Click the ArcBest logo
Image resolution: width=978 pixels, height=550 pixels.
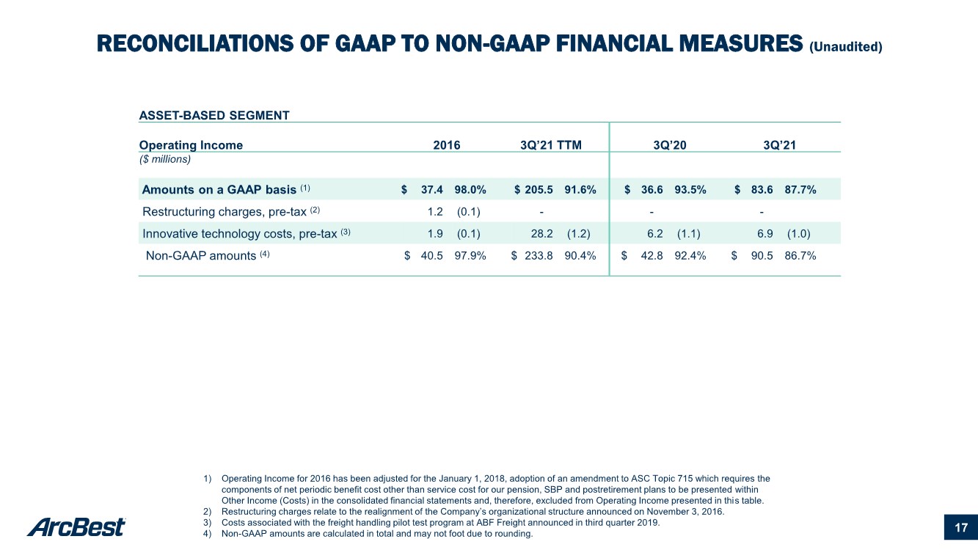coord(76,527)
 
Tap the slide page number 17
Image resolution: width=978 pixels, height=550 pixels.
coord(961,528)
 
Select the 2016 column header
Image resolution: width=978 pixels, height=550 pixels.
coord(446,145)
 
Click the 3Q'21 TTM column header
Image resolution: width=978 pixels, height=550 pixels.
coord(550,145)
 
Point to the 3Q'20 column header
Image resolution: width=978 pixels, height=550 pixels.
coord(669,145)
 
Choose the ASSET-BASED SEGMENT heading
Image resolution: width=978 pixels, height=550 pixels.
coord(214,115)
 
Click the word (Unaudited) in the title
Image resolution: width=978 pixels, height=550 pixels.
coord(846,47)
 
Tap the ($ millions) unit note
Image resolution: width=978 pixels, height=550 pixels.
coord(165,159)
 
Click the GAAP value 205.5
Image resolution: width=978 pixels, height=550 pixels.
coord(539,189)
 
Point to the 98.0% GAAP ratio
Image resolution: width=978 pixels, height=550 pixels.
coord(470,189)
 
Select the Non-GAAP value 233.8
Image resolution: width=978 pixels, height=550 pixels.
coord(539,255)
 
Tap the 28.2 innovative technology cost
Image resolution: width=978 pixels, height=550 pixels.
coord(542,233)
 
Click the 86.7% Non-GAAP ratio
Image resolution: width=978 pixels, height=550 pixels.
coord(800,255)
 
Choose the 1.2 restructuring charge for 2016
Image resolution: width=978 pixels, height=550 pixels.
coord(435,212)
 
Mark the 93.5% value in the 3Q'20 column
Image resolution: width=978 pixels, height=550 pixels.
coord(690,189)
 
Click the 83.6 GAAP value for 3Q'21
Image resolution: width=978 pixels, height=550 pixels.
coord(762,189)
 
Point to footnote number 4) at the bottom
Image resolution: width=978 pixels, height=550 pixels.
coord(207,533)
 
